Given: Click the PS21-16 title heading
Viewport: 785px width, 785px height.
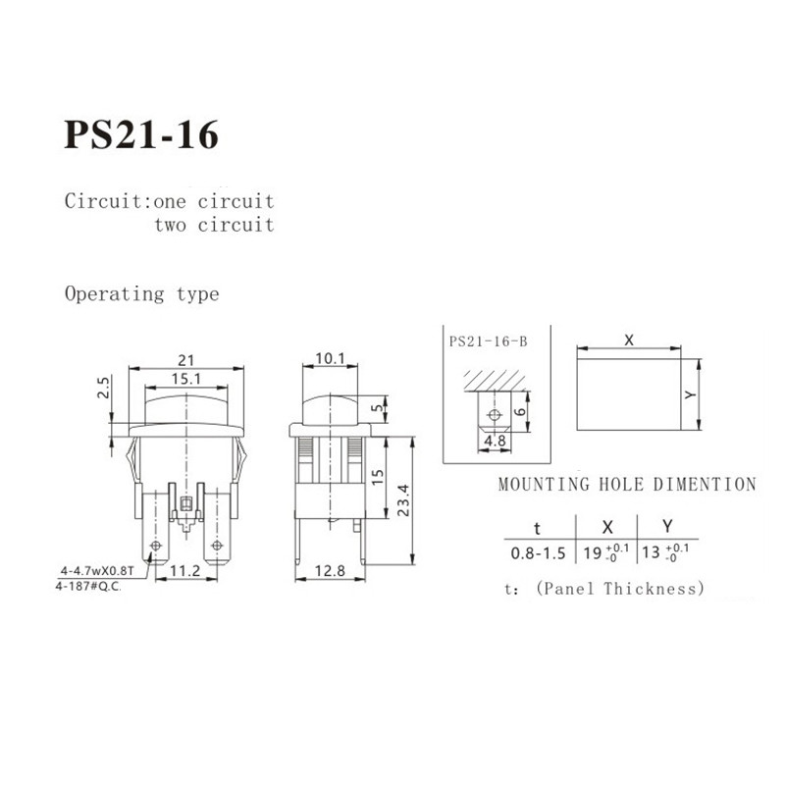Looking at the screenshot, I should pos(141,135).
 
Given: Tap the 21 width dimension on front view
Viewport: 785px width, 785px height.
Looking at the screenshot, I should pos(186,360).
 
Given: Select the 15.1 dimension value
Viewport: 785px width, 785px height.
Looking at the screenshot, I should pos(186,378).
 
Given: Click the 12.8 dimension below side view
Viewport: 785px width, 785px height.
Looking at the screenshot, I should pos(330,570).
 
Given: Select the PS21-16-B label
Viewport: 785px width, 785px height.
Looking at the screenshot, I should pos(488,342).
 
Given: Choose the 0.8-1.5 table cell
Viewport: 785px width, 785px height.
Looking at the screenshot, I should pos(537,552).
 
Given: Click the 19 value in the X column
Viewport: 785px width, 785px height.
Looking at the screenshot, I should pos(594,551).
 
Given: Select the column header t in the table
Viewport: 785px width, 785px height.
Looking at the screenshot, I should pos(536,525).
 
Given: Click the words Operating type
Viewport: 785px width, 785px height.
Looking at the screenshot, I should pos(141,293).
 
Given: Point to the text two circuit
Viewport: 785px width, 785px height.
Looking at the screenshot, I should pos(213,225).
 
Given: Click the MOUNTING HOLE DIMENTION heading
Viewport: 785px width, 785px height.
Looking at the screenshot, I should pos(627,484).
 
